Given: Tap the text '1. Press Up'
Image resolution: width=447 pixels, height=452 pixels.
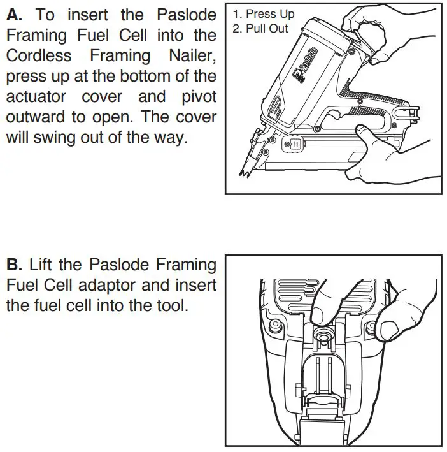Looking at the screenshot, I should [x=264, y=14].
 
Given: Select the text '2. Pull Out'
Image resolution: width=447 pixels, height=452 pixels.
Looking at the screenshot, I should [x=260, y=28].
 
